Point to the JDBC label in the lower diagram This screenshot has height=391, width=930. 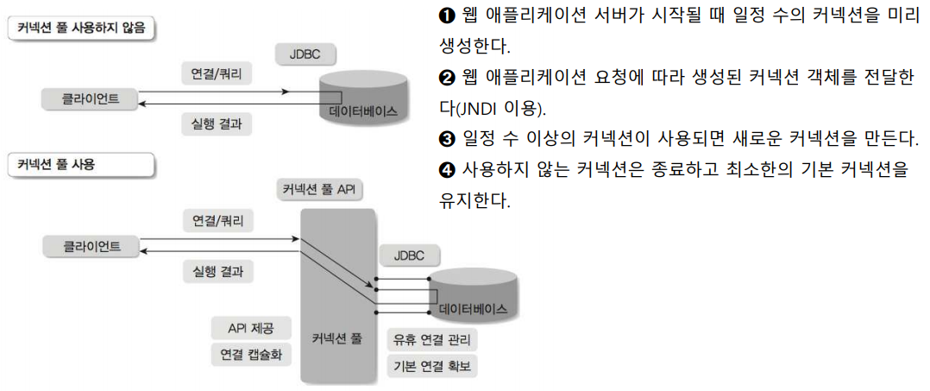point(409,256)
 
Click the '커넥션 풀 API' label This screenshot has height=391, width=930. point(319,189)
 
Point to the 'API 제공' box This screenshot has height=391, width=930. point(249,329)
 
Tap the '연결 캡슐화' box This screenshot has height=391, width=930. point(250,355)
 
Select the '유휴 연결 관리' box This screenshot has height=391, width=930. point(433,340)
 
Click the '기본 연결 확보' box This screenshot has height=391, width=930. point(433,366)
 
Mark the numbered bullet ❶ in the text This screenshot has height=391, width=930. point(446,16)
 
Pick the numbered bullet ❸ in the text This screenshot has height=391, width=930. point(446,139)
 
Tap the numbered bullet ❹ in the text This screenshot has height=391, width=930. point(446,170)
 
